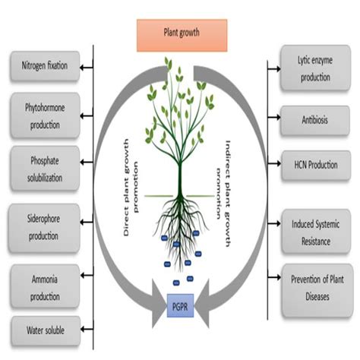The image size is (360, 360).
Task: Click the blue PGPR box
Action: [180, 309]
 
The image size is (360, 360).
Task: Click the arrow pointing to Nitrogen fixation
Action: [85, 66]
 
